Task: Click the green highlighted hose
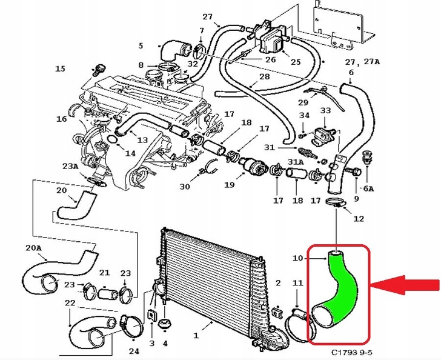pyautogui.click(x=337, y=291)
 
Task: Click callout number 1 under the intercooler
pyautogui.click(x=196, y=335)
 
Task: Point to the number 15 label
pyautogui.click(x=59, y=69)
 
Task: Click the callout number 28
pyautogui.click(x=265, y=77)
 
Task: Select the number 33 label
pyautogui.click(x=325, y=111)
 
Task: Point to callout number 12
pyautogui.click(x=359, y=218)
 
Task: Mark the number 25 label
pyautogui.click(x=295, y=62)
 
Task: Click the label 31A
pyautogui.click(x=295, y=162)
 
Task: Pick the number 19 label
pyautogui.click(x=230, y=184)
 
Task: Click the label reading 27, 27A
pyautogui.click(x=362, y=62)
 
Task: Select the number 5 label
pyautogui.click(x=141, y=45)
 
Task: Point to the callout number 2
pyautogui.click(x=278, y=283)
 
